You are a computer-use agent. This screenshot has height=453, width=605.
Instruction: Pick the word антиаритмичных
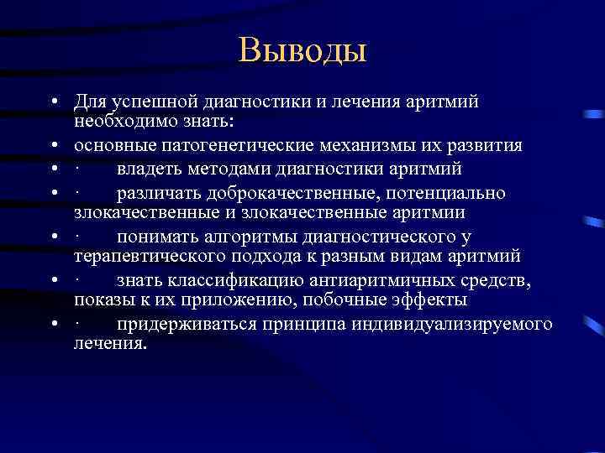point(366,279)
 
